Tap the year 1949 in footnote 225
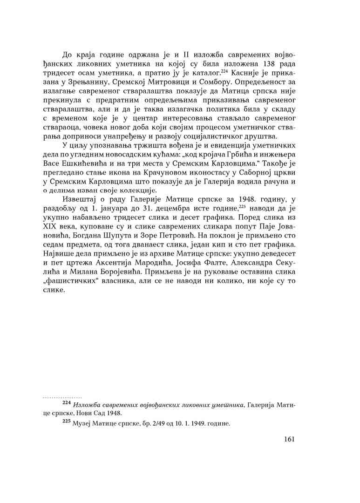pyautogui.click(x=196, y=424)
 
